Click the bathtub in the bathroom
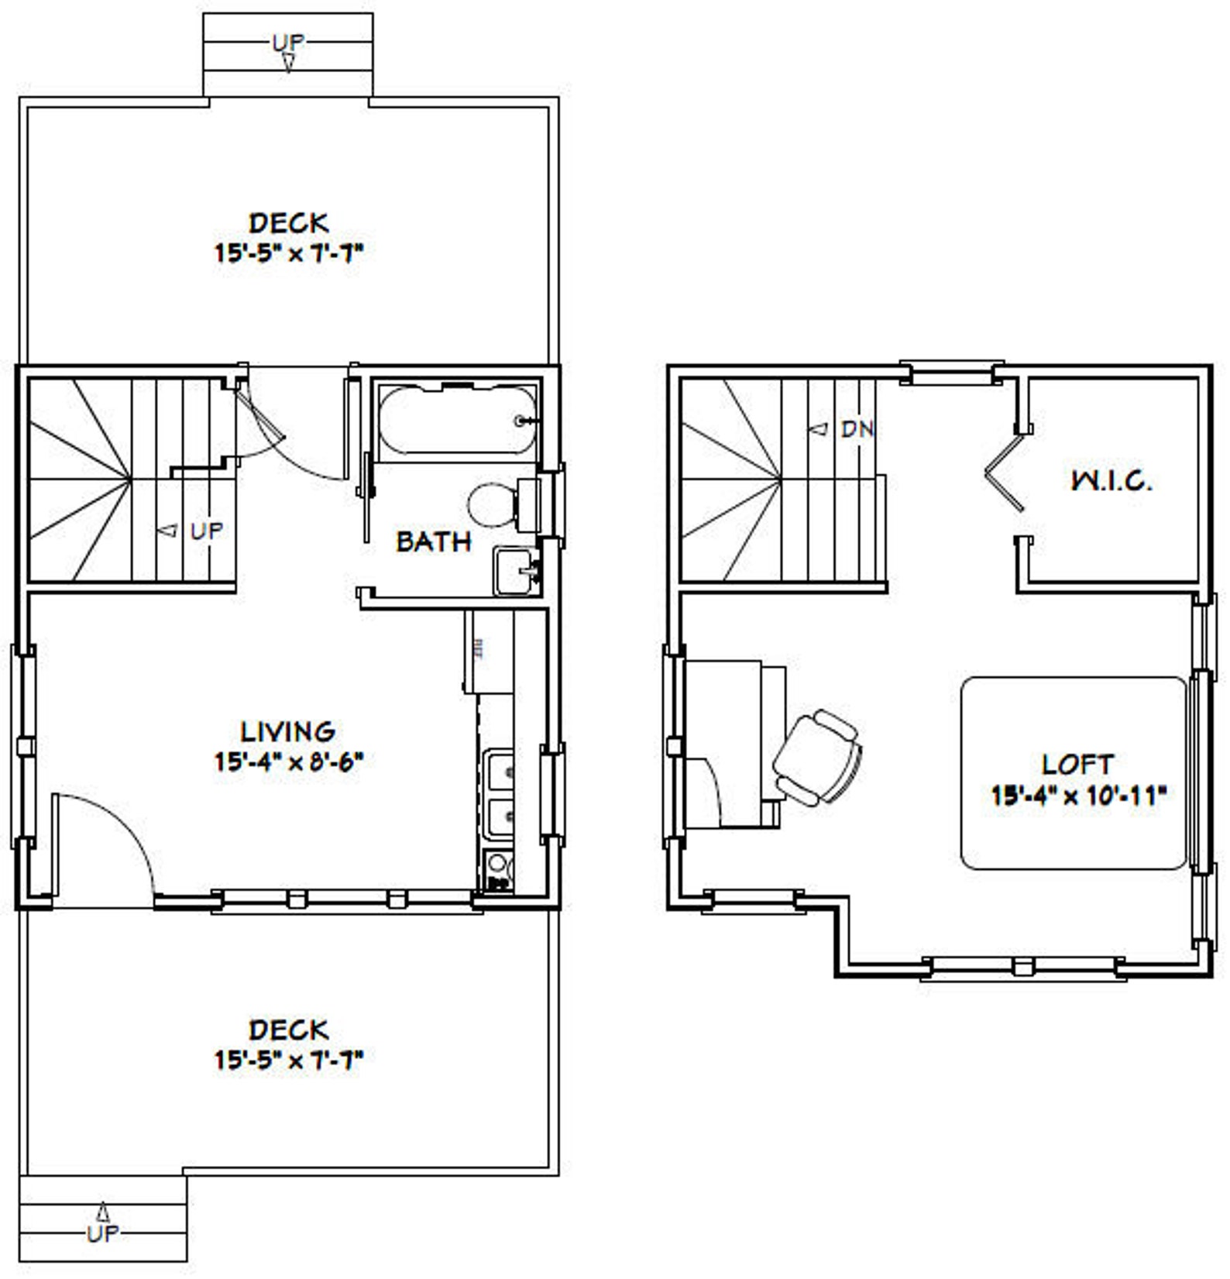(x=457, y=419)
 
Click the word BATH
(x=434, y=542)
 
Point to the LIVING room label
(x=288, y=731)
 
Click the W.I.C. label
(x=1111, y=481)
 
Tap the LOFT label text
(x=1077, y=765)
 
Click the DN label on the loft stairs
(x=857, y=428)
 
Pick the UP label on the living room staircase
(x=206, y=531)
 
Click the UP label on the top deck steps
(x=288, y=42)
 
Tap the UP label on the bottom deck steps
(x=103, y=1233)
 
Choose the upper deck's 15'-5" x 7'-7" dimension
(x=289, y=253)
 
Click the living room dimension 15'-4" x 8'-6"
(x=289, y=762)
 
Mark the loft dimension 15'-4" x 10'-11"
(x=1078, y=795)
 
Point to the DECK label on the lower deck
(x=289, y=1030)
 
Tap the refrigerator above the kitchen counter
(x=488, y=652)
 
